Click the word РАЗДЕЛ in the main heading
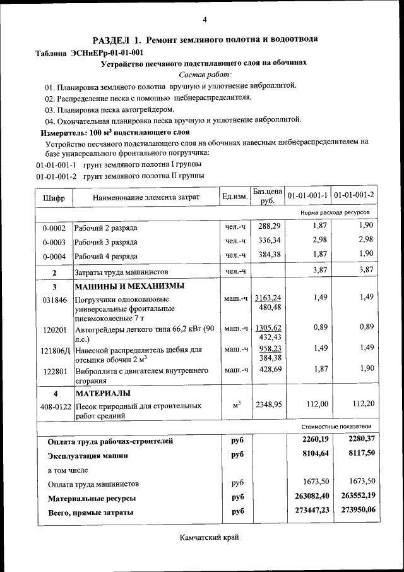(x=112, y=39)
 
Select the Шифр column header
(x=54, y=198)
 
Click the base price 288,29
(x=269, y=226)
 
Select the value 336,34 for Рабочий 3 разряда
(x=269, y=241)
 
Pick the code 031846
(x=54, y=300)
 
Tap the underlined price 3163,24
(x=268, y=298)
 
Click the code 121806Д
(x=54, y=350)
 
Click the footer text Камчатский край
(x=209, y=537)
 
